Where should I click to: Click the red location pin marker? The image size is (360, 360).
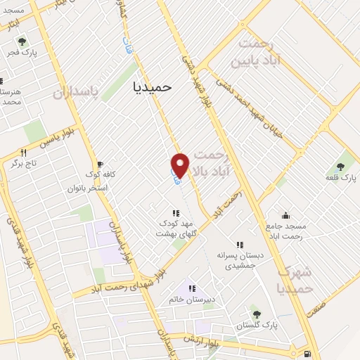(x=181, y=165)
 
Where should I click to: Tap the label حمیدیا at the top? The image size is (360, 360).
(x=152, y=86)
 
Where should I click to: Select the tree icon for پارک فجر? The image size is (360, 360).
(x=21, y=41)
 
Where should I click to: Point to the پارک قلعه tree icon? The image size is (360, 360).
(x=341, y=167)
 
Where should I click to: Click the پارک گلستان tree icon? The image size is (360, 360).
(x=256, y=314)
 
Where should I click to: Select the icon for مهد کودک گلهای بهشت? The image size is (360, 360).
(x=175, y=213)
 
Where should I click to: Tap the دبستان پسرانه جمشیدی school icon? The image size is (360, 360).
(x=240, y=245)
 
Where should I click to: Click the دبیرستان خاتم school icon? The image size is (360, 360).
(x=191, y=288)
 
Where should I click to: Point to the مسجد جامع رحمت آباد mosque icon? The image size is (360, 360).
(x=285, y=215)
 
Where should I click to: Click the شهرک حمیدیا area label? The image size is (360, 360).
(x=294, y=280)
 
